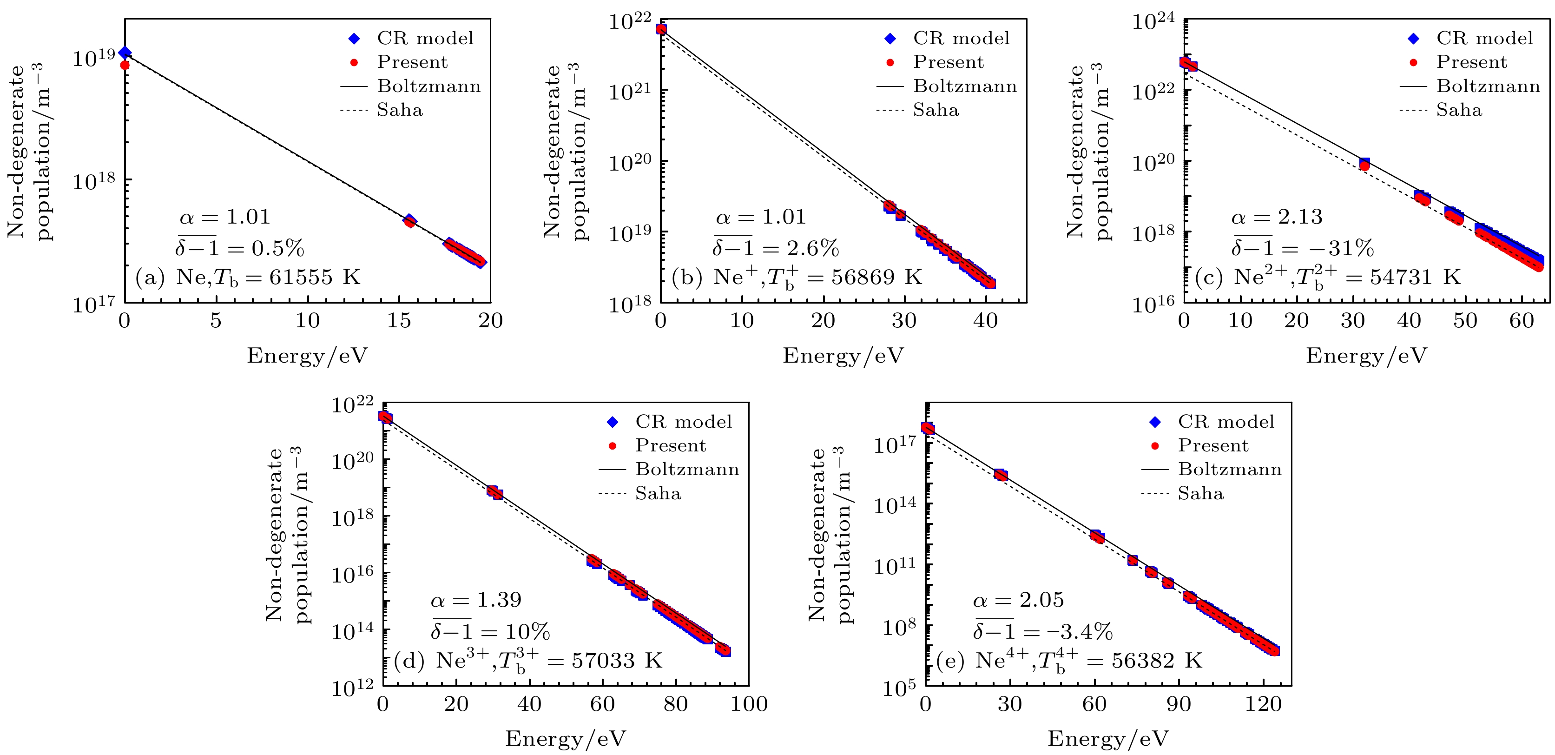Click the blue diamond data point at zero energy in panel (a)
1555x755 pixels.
click(x=125, y=53)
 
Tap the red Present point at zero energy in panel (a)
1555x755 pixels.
click(x=125, y=65)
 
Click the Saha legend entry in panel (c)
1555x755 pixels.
click(x=1458, y=110)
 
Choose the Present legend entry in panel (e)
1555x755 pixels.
click(x=1212, y=446)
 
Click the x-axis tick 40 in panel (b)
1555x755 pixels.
click(x=985, y=321)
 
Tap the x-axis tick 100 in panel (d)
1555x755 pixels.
click(x=749, y=704)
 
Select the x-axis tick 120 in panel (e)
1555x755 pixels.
click(x=1263, y=704)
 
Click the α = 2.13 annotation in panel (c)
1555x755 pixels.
click(x=1277, y=217)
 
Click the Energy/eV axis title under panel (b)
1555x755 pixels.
click(x=843, y=356)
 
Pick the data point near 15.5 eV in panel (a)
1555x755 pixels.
click(x=409, y=221)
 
